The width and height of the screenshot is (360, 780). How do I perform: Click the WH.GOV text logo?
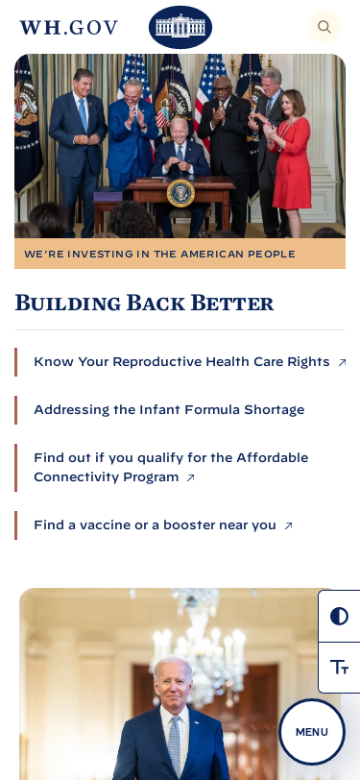coord(68,27)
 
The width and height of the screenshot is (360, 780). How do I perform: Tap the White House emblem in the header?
coord(180,27)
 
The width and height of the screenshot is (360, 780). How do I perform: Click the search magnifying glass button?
coord(324,27)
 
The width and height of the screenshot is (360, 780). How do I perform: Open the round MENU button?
coord(312,732)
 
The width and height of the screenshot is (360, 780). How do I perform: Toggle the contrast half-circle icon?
coord(339,617)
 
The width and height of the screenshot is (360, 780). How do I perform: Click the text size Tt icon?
coord(339,667)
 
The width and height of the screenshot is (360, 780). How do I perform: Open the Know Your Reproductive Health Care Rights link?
coord(181,361)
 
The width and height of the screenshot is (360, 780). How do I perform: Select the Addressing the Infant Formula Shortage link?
coord(169,410)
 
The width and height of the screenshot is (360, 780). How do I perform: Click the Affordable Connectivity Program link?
coord(171,468)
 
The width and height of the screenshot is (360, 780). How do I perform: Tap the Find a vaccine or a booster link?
coord(155,525)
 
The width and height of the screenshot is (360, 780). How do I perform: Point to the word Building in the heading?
coord(67,303)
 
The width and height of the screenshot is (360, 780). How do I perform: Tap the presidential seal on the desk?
coord(180,193)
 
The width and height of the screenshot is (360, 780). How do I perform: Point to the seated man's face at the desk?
coord(179,132)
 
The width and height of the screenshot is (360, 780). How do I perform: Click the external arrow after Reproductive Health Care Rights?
coord(342,363)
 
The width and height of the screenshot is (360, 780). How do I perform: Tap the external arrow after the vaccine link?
coord(288,525)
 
